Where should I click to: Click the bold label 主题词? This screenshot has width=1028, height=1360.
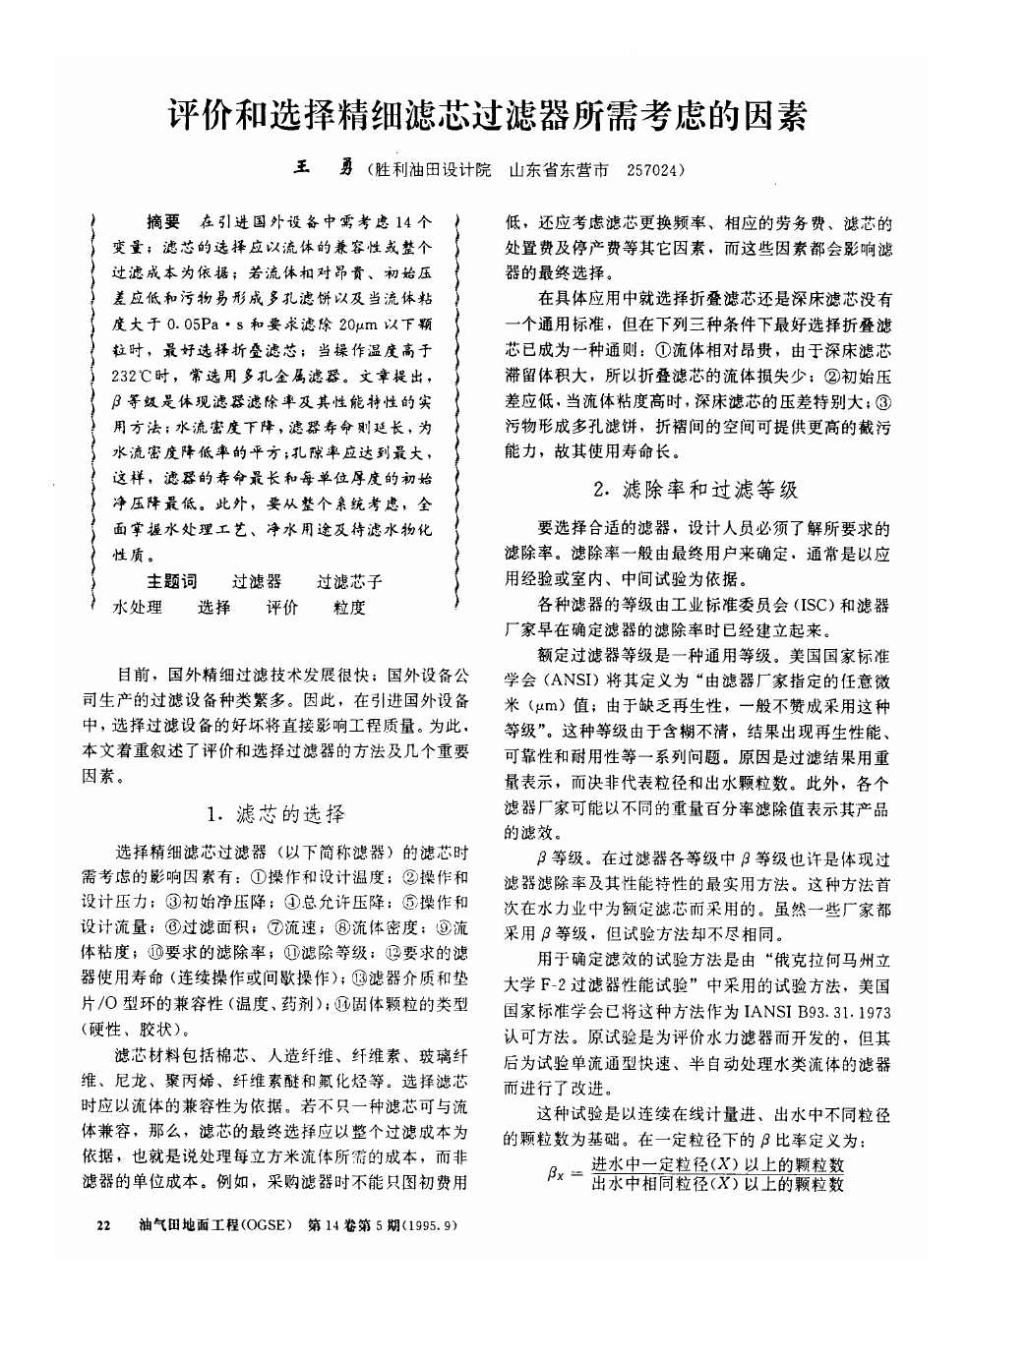[172, 581]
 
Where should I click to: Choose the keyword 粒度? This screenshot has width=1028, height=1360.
[349, 608]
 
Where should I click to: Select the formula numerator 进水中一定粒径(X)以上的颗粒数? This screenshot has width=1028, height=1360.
[718, 1164]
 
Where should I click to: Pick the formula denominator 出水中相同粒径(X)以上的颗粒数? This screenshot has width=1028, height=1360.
[718, 1184]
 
